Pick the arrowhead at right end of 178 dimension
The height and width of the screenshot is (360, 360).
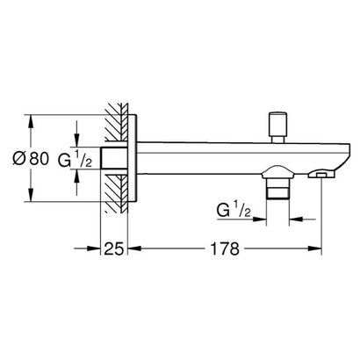(322, 249)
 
